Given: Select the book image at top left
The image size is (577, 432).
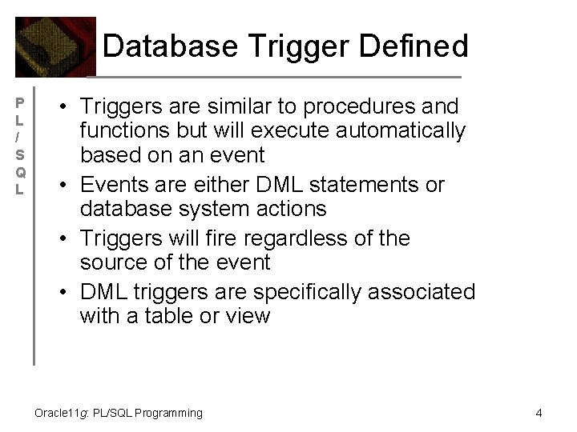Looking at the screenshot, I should tap(55, 46).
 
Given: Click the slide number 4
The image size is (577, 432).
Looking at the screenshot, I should tap(539, 413).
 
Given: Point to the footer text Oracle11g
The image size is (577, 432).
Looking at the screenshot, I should tap(63, 414).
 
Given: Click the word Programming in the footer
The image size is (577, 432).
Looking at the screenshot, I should tap(168, 414).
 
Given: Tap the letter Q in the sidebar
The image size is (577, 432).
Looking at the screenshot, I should tap(21, 172).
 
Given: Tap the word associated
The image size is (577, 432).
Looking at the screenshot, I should tap(419, 292).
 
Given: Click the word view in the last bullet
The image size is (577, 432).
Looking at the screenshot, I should tap(248, 316).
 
